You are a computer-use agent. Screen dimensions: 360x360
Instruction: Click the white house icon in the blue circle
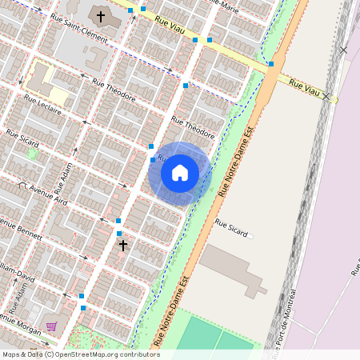click(x=180, y=173)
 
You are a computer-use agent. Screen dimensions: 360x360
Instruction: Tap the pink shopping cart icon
click(x=52, y=326)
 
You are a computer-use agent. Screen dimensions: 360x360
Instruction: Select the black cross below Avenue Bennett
click(x=123, y=245)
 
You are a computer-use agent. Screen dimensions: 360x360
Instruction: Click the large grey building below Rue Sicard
click(x=232, y=268)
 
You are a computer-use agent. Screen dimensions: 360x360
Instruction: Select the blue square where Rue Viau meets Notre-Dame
click(x=271, y=63)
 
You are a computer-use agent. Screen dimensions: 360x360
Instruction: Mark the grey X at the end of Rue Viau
click(x=326, y=96)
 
